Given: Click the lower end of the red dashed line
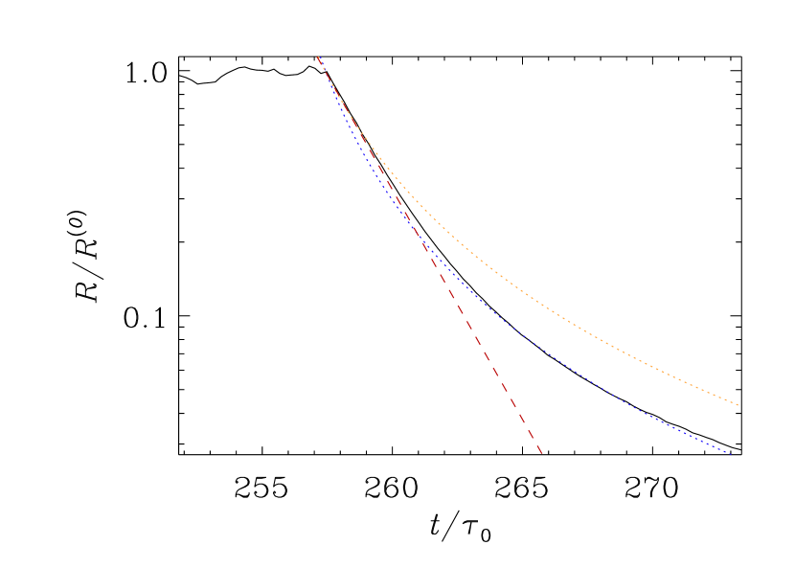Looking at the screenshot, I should point(542,453).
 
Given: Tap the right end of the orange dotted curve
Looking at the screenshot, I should point(738,405).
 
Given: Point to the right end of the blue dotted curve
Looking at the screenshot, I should point(732,454).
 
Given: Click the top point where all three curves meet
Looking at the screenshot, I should point(318,57).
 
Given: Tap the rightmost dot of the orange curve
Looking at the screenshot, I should point(738,405).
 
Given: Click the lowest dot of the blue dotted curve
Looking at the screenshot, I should point(732,454).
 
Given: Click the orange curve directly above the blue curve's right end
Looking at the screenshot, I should point(732,402).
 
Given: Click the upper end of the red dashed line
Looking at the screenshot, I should point(318,57).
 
